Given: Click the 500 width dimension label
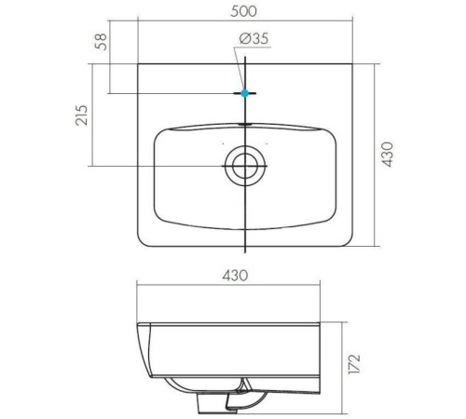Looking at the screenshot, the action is (x=244, y=11).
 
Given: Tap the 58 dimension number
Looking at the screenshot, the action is (x=102, y=42).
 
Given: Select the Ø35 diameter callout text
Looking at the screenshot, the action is (x=254, y=38).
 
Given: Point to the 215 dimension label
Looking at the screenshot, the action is (x=82, y=115).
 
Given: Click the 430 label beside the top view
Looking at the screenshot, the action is (x=388, y=155).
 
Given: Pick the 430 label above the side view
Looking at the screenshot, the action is (x=235, y=276).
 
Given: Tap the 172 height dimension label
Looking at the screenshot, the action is (x=354, y=363).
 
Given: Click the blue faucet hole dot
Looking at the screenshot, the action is (x=245, y=93).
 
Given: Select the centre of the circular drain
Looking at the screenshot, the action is (x=245, y=166).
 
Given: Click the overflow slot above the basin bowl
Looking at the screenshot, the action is (x=245, y=124).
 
